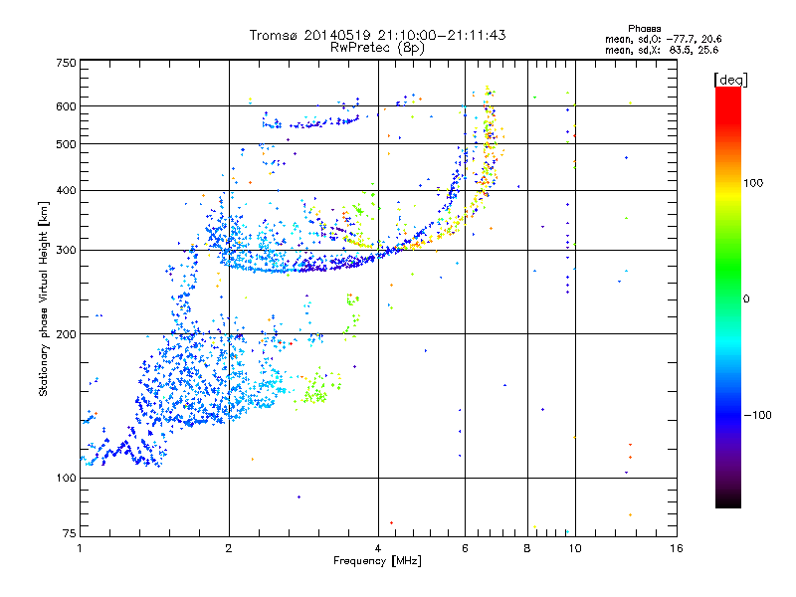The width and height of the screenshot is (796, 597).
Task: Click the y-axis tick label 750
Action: coord(65,63)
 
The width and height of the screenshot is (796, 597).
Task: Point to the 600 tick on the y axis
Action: coord(65,106)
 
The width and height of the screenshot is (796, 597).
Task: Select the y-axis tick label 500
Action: coord(65,144)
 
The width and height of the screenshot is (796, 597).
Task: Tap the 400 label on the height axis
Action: coord(65,190)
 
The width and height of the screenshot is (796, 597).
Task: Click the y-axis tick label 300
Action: coord(65,250)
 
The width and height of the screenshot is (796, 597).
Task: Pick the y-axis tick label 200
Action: coord(65,334)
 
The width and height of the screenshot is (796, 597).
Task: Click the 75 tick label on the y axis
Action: coord(68,534)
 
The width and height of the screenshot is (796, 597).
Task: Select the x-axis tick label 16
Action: coord(676,548)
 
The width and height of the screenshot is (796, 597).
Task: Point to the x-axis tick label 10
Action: coord(574,548)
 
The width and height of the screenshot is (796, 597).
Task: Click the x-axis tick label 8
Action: coord(527,548)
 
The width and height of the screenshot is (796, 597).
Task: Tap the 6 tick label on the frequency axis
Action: coord(465,548)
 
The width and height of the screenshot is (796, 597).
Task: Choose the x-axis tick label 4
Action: coord(378,548)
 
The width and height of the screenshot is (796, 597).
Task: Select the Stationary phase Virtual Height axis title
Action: coord(44,298)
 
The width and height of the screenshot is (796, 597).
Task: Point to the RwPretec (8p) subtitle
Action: coord(377,47)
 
